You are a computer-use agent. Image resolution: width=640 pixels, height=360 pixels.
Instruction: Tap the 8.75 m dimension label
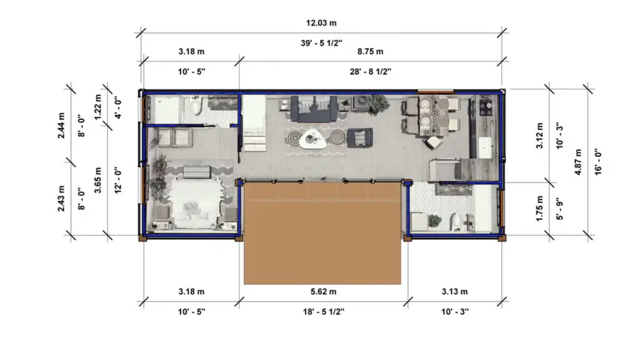coord(370,51)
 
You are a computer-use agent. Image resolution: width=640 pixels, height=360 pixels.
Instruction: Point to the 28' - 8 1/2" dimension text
coord(370,71)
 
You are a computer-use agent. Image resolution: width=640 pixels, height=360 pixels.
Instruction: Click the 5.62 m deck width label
coord(324,291)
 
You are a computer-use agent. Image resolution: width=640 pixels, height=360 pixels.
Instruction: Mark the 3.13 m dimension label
coord(456,291)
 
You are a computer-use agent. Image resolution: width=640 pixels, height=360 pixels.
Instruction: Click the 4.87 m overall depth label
coord(579,161)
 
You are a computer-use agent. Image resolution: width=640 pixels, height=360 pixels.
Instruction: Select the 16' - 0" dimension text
coord(598,161)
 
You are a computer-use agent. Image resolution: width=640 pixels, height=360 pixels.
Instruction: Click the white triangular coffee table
coord(311,138)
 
